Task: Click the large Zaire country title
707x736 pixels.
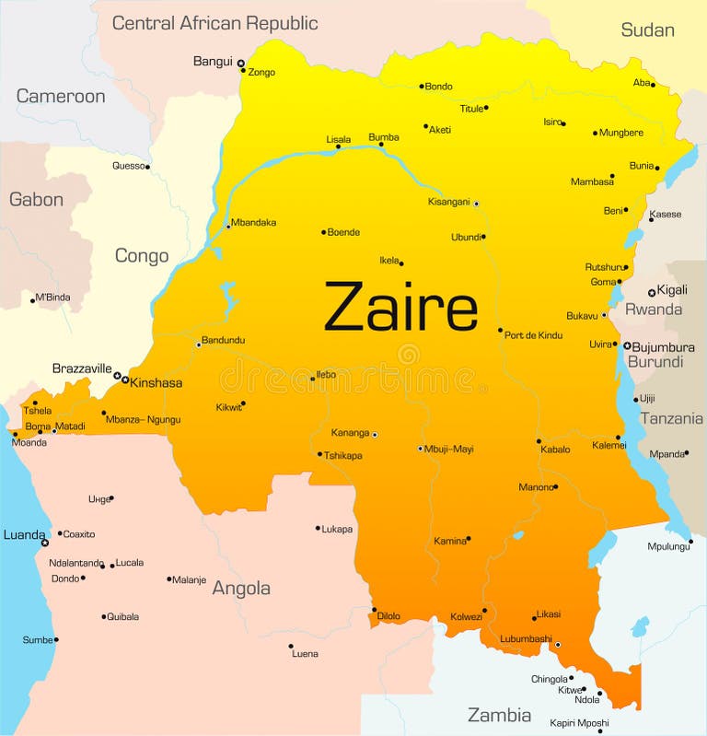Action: pyautogui.click(x=400, y=308)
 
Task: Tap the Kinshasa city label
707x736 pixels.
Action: pyautogui.click(x=156, y=382)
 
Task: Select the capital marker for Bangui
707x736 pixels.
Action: pyautogui.click(x=240, y=64)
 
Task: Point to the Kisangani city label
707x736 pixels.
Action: pyautogui.click(x=448, y=202)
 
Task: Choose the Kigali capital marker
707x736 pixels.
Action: pyautogui.click(x=652, y=292)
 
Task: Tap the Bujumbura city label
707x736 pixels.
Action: pyautogui.click(x=664, y=347)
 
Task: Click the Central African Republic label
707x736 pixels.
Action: pyautogui.click(x=214, y=23)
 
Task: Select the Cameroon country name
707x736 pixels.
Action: pyautogui.click(x=61, y=96)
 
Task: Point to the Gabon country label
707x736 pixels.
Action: pyautogui.click(x=36, y=200)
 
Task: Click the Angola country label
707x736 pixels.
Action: pyautogui.click(x=241, y=588)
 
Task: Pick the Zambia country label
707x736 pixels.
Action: pyautogui.click(x=499, y=715)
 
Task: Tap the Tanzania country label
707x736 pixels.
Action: pyautogui.click(x=671, y=418)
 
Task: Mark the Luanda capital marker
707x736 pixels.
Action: pyautogui.click(x=44, y=543)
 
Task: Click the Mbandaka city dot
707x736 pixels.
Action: pyautogui.click(x=228, y=226)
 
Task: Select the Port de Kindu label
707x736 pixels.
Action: pyautogui.click(x=533, y=335)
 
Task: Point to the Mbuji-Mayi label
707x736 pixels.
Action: pyautogui.click(x=449, y=450)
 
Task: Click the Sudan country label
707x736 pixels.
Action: pyautogui.click(x=647, y=29)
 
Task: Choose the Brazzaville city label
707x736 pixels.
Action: pyautogui.click(x=82, y=367)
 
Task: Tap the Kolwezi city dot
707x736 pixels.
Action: pyautogui.click(x=484, y=610)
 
